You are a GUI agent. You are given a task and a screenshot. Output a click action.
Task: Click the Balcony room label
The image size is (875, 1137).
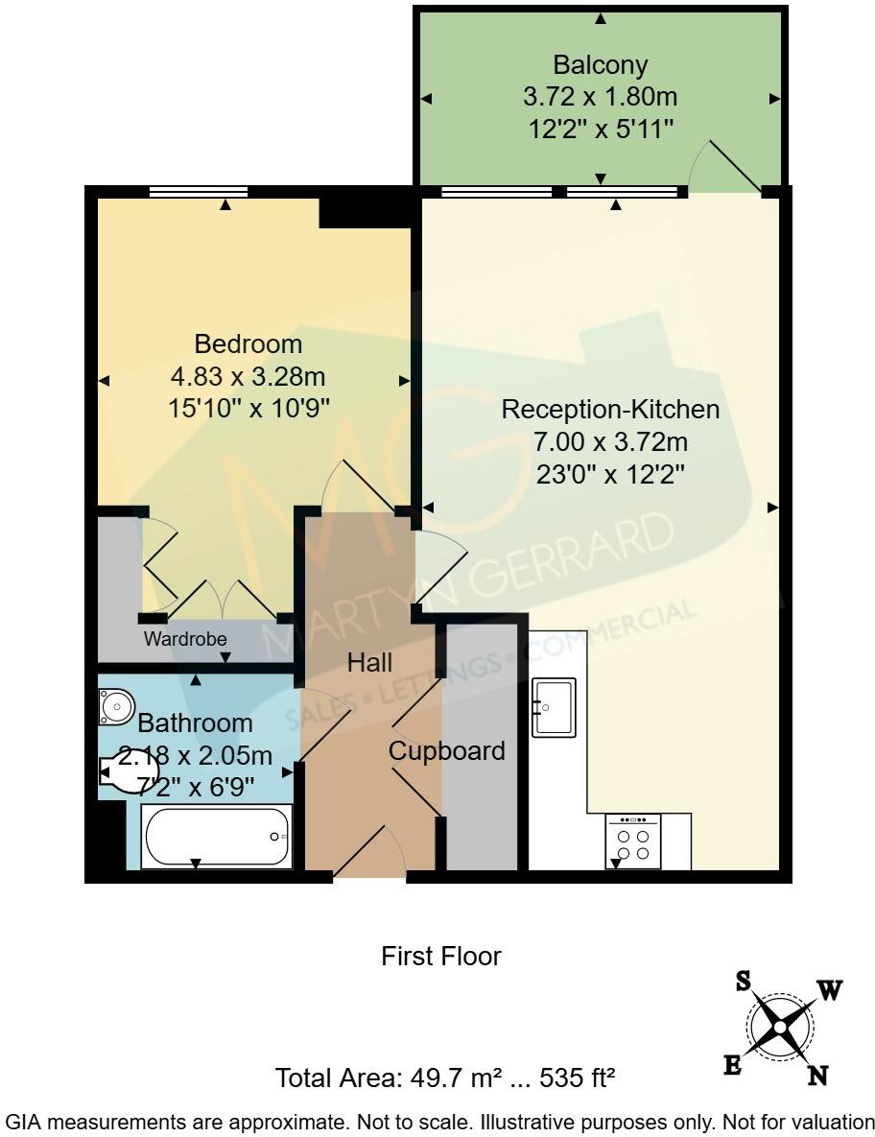pyautogui.click(x=601, y=65)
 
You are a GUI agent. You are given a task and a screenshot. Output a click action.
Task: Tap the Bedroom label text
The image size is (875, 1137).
pyautogui.click(x=248, y=343)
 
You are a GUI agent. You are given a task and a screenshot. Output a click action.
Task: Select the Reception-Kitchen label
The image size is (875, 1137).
pyautogui.click(x=611, y=410)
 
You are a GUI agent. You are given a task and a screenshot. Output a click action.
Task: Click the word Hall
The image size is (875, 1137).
pyautogui.click(x=369, y=661)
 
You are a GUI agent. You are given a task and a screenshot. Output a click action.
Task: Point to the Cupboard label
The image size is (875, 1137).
pyautogui.click(x=446, y=751)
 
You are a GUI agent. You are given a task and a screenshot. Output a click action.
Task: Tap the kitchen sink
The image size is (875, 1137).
pyautogui.click(x=554, y=708)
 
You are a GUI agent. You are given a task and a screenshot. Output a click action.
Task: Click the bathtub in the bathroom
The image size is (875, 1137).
pyautogui.click(x=217, y=837)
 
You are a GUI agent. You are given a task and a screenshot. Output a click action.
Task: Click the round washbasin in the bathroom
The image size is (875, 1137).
pyautogui.click(x=116, y=707)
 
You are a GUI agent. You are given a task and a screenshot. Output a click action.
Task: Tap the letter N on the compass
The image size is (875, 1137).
pyautogui.click(x=817, y=1076)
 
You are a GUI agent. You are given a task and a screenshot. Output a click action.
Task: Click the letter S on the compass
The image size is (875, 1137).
pyautogui.click(x=743, y=981)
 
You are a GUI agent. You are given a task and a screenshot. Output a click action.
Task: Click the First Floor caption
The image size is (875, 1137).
pyautogui.click(x=441, y=957)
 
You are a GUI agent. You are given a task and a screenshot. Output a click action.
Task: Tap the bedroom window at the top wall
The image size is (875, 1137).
pyautogui.click(x=200, y=192)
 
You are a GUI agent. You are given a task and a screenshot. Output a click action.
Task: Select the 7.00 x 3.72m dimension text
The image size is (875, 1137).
pyautogui.click(x=611, y=442)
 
